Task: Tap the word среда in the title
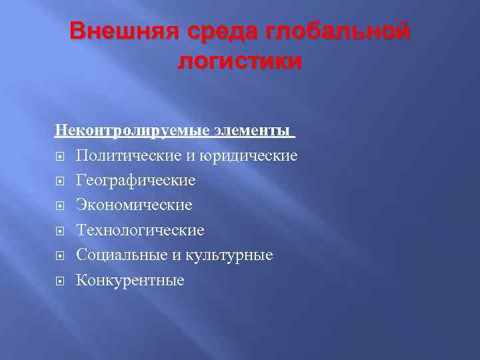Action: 213,31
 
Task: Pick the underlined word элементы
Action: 253,131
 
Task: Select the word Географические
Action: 135,180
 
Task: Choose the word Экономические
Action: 134,205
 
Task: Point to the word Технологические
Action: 140,230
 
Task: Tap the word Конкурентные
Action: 129,280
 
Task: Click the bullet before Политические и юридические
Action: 59,156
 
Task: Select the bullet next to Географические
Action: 59,181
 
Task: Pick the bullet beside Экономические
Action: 59,206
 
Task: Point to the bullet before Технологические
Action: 59,231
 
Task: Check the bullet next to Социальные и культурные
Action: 59,255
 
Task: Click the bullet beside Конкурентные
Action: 59,281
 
